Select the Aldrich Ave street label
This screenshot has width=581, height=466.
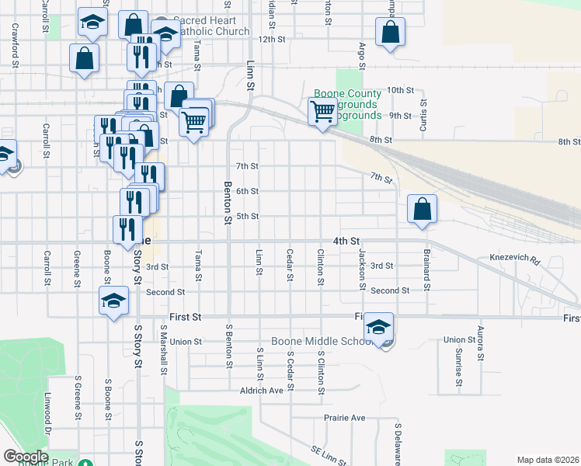pyautogui.click(x=262, y=391)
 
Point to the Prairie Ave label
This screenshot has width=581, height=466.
pyautogui.click(x=344, y=418)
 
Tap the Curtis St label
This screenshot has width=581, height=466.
pyautogui.click(x=424, y=114)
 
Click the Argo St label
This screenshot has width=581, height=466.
pyautogui.click(x=362, y=57)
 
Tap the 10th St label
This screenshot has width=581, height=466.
pyautogui.click(x=400, y=90)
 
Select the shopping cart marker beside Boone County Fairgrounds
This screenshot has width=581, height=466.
pyautogui.click(x=322, y=111)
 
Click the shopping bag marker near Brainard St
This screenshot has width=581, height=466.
pyautogui.click(x=422, y=209)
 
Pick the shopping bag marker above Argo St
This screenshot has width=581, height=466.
pyautogui.click(x=390, y=33)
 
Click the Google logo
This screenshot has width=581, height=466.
pyautogui.click(x=26, y=457)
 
